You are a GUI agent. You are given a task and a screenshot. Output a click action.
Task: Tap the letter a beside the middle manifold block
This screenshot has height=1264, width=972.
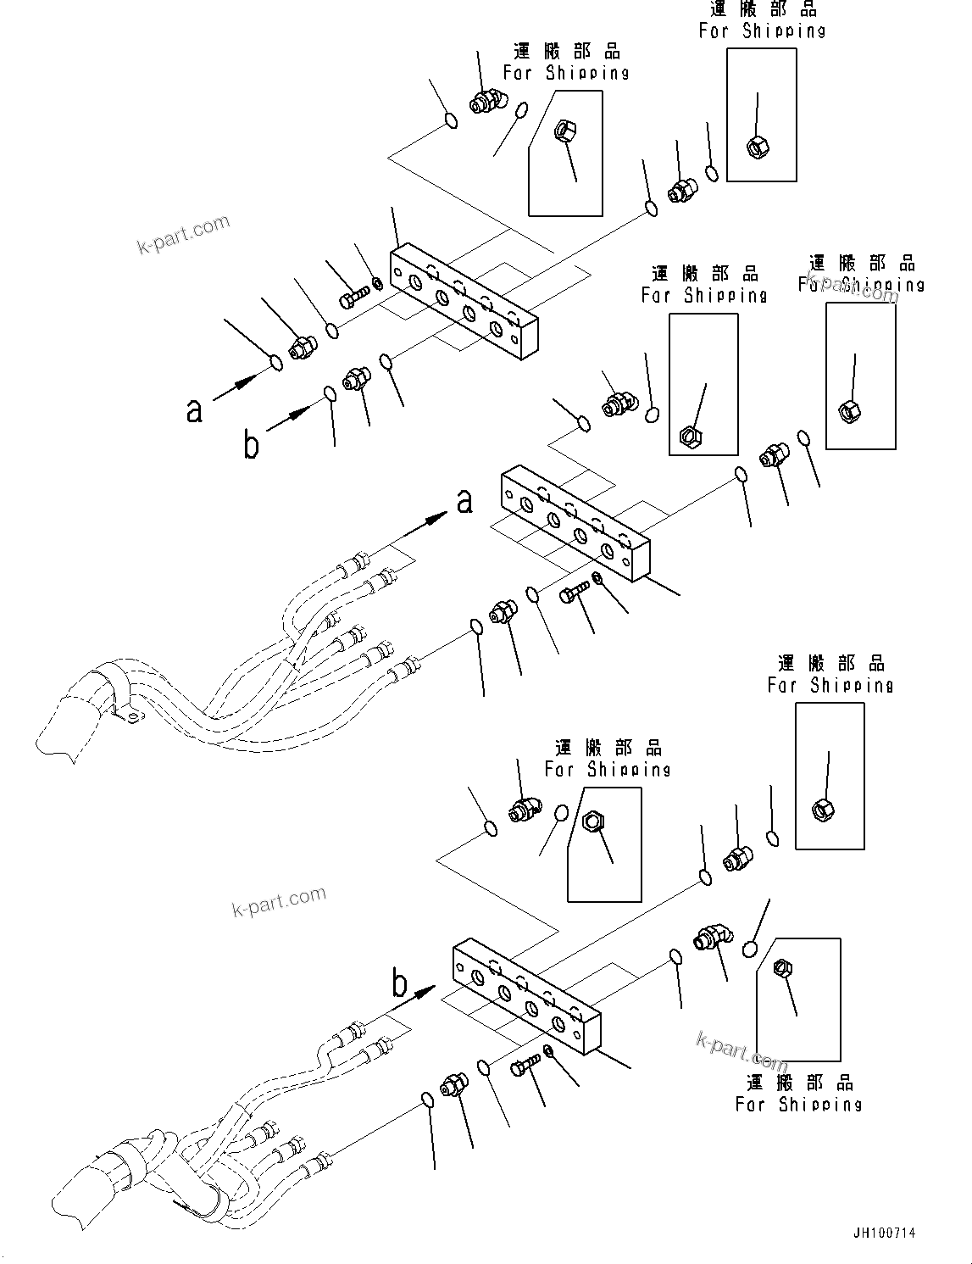(464, 501)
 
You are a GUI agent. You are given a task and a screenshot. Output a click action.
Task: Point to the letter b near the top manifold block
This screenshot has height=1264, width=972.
(251, 443)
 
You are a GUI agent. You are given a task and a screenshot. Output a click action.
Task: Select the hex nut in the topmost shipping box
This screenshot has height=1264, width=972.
(757, 147)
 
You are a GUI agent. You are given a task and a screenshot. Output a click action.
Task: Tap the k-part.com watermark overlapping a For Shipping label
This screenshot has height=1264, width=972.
(852, 287)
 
